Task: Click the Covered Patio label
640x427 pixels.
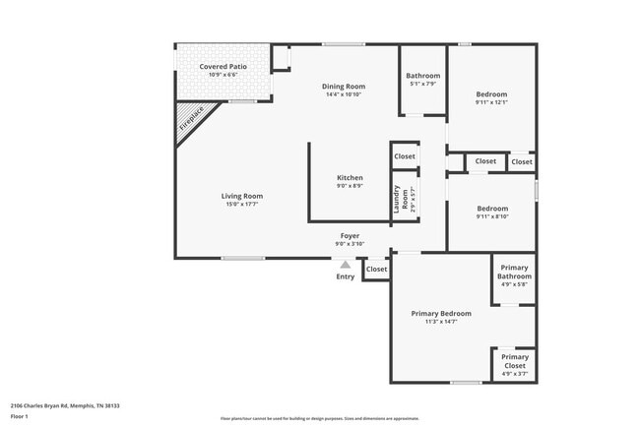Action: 223,67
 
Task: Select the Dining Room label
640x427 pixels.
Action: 343,87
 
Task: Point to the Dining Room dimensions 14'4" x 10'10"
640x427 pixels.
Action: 343,94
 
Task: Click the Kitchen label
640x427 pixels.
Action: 350,178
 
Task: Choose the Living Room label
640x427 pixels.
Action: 241,196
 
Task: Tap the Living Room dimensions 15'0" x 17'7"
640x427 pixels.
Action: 241,204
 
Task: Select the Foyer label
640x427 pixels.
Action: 350,236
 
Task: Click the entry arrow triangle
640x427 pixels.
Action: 345,264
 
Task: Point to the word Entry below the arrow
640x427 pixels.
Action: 345,276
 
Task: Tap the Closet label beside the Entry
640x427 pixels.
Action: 376,269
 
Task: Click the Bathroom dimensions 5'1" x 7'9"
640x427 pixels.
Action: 423,84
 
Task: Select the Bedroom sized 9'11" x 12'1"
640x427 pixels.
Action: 491,94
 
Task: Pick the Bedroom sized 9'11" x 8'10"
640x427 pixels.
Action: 492,209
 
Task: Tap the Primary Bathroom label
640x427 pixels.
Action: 514,273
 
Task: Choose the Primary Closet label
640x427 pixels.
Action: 515,361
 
